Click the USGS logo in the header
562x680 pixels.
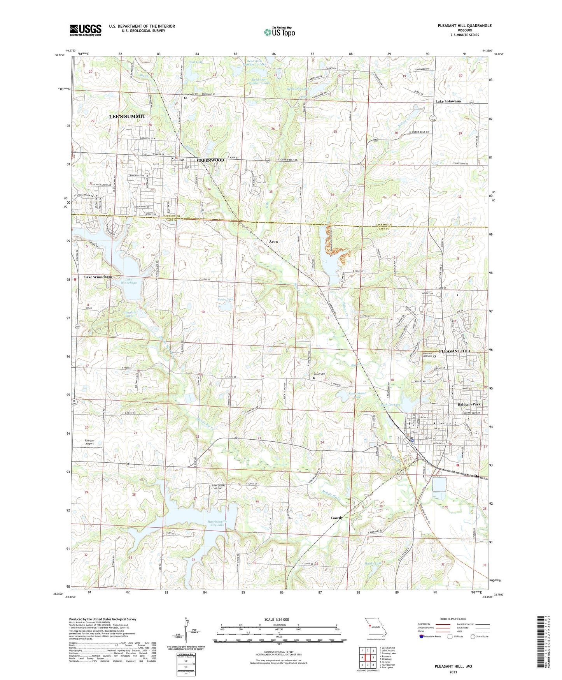(85, 30)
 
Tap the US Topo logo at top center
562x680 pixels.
(279, 32)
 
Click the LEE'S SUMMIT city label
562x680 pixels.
(127, 116)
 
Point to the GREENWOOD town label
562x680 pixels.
(210, 160)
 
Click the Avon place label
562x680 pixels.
(273, 241)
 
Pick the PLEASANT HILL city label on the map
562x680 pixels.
(455, 351)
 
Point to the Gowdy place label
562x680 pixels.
(336, 518)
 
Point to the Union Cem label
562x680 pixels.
(319, 374)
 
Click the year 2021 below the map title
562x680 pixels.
(453, 672)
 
